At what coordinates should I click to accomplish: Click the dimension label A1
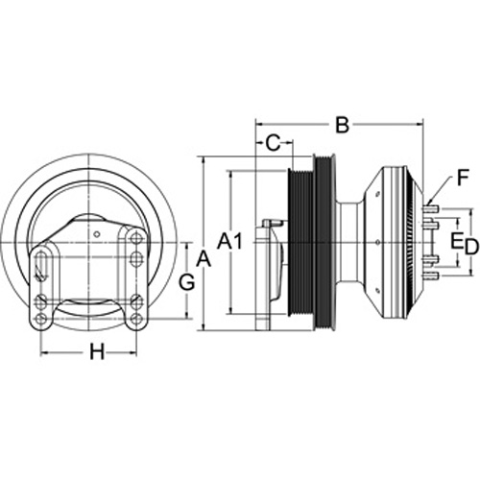[230, 241]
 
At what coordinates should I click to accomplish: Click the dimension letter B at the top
[342, 125]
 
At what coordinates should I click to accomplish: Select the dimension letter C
[273, 143]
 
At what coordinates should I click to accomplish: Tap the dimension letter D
[471, 247]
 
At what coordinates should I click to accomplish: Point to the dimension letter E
[456, 241]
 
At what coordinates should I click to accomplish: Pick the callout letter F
[462, 178]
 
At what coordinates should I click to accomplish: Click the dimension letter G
[186, 282]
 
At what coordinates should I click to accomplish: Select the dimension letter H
[97, 351]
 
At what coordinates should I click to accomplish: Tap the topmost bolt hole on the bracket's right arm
[136, 239]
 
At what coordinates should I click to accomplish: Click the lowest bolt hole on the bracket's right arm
[137, 318]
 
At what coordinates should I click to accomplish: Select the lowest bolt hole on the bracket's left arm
[40, 318]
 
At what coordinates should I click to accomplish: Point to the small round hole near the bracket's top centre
[97, 234]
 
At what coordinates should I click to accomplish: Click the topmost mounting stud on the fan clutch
[431, 209]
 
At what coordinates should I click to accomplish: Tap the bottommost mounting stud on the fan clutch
[431, 275]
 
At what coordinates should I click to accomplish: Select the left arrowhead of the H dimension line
[44, 353]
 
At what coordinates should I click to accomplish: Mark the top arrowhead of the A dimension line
[203, 160]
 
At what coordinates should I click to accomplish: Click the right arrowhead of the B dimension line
[420, 124]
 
